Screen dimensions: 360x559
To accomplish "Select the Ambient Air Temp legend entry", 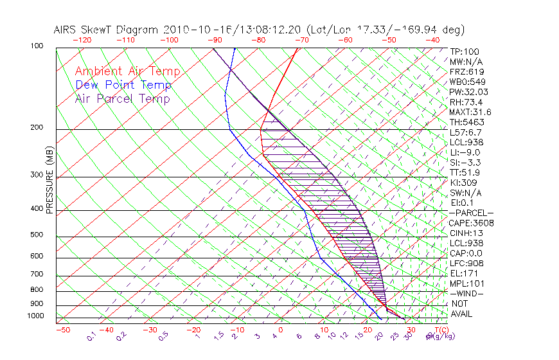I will point(127,71).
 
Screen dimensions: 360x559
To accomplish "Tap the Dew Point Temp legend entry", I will point(123,85).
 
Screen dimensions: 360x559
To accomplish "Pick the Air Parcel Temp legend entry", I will point(122,98).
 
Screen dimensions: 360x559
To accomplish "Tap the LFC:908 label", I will point(466,264).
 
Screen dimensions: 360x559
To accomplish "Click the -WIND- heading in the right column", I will point(466,294).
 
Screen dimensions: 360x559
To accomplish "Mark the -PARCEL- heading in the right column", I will point(471,213).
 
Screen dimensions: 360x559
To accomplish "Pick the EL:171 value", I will point(463,273).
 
